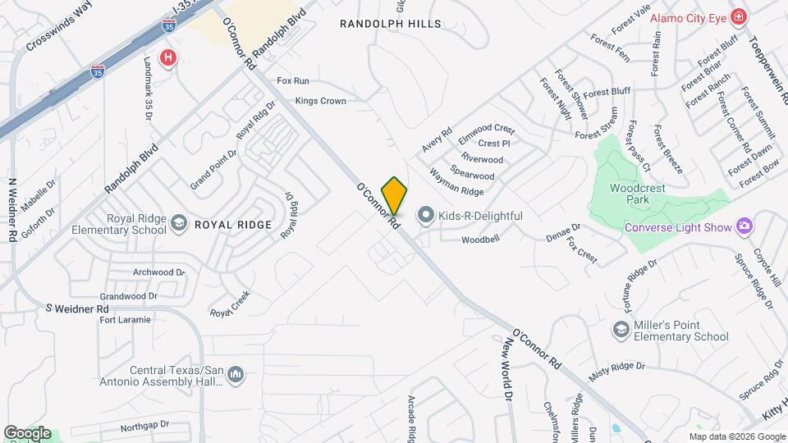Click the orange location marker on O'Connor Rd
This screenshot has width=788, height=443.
tap(395, 195)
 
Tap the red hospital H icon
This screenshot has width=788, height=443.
tap(168, 57)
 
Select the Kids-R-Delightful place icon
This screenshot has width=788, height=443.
tap(425, 216)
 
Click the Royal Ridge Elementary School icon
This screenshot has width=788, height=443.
tap(178, 223)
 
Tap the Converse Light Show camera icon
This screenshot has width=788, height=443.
tap(744, 226)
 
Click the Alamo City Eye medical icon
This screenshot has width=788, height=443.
tap(738, 17)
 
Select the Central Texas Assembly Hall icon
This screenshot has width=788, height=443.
tap(236, 375)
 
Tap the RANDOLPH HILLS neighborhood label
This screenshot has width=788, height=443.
tap(390, 25)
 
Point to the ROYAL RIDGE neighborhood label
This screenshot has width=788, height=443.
tap(232, 223)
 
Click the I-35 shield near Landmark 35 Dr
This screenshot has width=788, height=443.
tap(98, 72)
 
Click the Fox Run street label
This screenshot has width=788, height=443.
tap(293, 81)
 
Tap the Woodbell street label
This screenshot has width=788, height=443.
tap(480, 240)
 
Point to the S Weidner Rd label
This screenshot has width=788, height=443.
tap(77, 308)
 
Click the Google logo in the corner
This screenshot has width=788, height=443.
tap(27, 432)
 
